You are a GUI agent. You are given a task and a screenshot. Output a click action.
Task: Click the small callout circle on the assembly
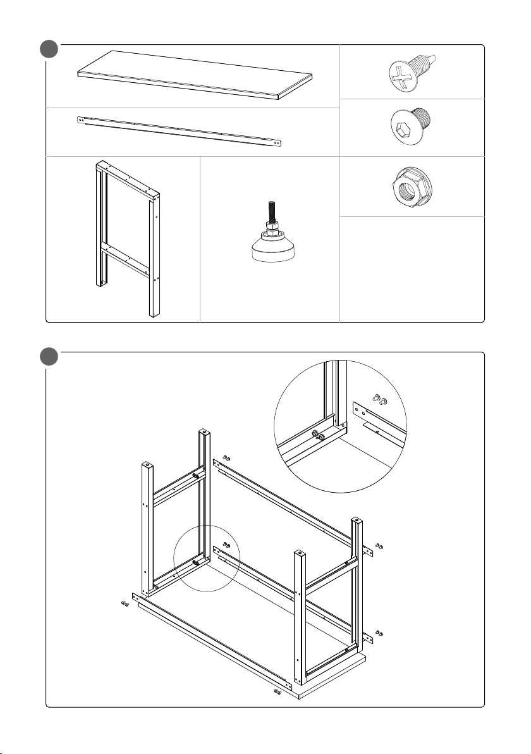coord(206,559)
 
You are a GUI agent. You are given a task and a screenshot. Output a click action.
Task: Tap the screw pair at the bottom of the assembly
coord(278,692)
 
